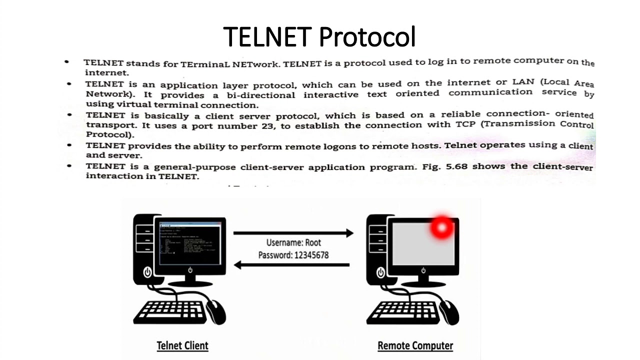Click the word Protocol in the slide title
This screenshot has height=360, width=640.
tap(367, 36)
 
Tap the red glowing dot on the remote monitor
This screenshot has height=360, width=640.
tap(441, 228)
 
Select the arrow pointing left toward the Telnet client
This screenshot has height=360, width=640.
tap(292, 265)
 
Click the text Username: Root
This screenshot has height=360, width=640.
tap(293, 243)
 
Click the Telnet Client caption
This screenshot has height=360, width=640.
tap(182, 345)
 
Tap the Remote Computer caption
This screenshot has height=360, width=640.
tap(415, 345)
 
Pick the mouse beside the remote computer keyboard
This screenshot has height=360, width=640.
tap(449, 311)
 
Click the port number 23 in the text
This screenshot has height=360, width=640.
tap(267, 126)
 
